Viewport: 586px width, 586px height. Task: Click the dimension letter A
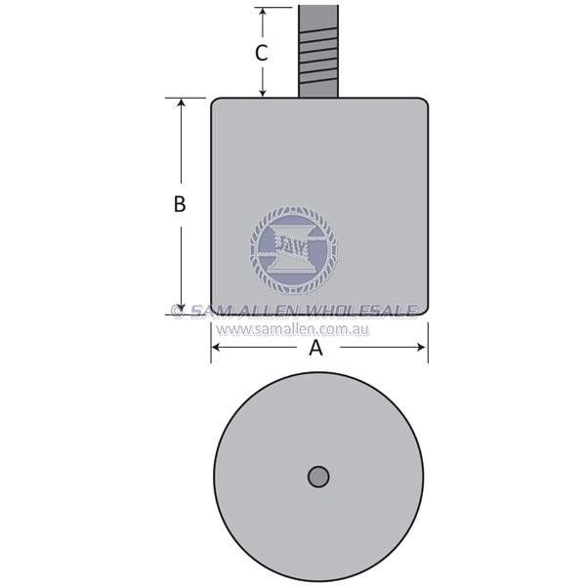tap(315, 350)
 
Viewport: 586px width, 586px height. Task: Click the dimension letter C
tap(262, 53)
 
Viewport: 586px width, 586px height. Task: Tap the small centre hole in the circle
tap(318, 477)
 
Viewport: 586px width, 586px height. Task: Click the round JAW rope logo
tap(293, 250)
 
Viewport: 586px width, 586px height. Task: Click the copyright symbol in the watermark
tap(178, 312)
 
